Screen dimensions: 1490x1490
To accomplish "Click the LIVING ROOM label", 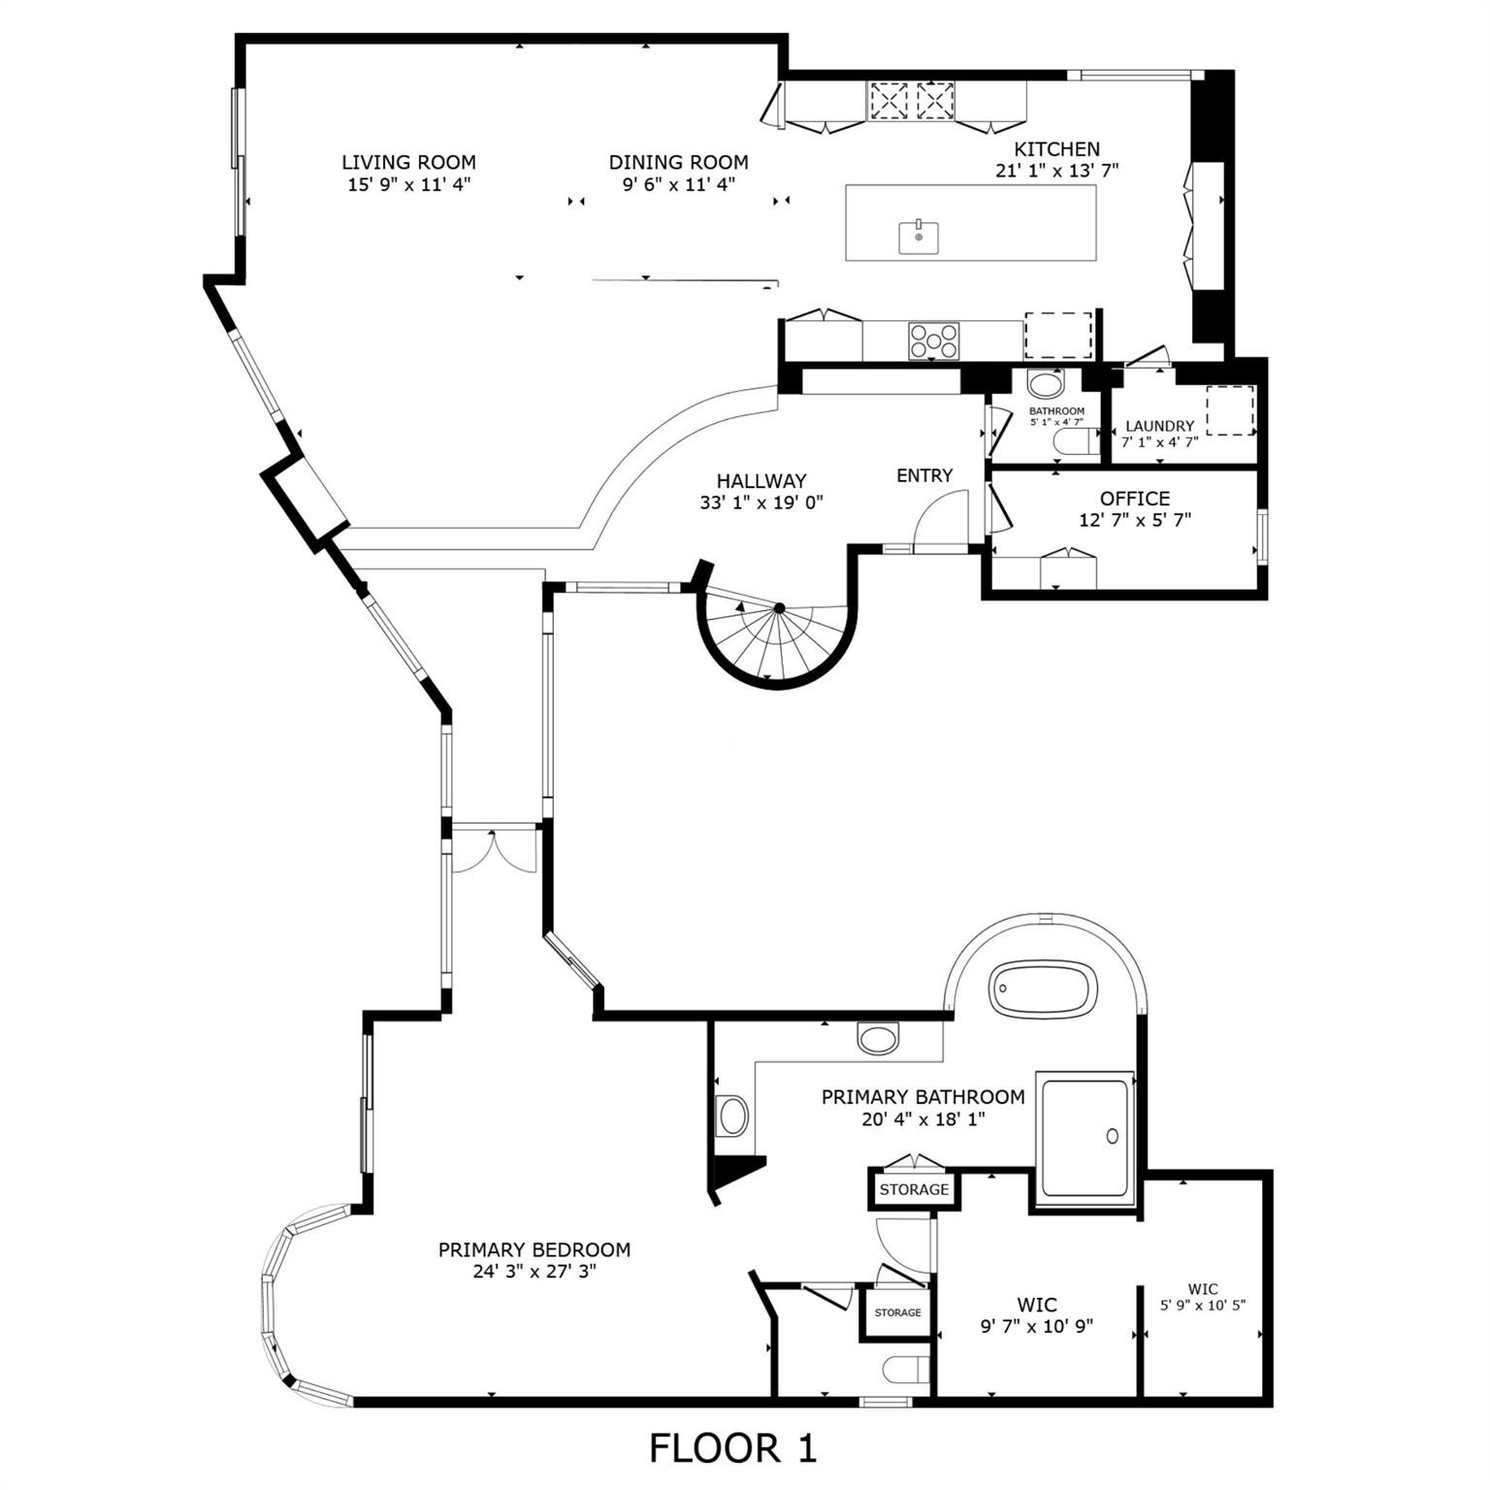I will coord(408,162).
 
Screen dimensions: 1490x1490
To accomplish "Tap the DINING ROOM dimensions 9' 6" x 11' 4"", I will coord(678,184).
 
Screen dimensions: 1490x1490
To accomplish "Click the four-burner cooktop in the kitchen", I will coord(933,340).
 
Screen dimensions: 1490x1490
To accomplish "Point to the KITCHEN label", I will coord(1056,149).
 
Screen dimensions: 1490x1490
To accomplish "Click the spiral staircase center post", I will coord(779,608).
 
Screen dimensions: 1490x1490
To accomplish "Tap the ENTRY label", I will coord(923,475).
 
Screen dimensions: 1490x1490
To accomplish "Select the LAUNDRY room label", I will coord(1159,426).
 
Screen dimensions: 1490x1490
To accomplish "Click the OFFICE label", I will coord(1134,499).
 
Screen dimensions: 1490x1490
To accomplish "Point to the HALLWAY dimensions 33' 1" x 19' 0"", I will coord(761,502).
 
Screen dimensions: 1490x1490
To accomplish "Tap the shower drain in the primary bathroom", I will coord(1113,1136).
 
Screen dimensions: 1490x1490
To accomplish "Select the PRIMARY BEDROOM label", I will coord(534,1250).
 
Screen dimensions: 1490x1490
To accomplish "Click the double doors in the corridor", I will coord(494,851).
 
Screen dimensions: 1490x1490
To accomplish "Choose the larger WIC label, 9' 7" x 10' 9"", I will coord(1036,1305).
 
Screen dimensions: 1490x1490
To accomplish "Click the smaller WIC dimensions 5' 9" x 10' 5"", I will coord(1203,1306).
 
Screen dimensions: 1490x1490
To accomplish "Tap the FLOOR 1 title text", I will coord(732,1448).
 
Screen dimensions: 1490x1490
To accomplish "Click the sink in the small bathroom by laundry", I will coord(1046,385).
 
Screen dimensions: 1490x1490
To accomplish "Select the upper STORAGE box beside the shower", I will coord(914,1189).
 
